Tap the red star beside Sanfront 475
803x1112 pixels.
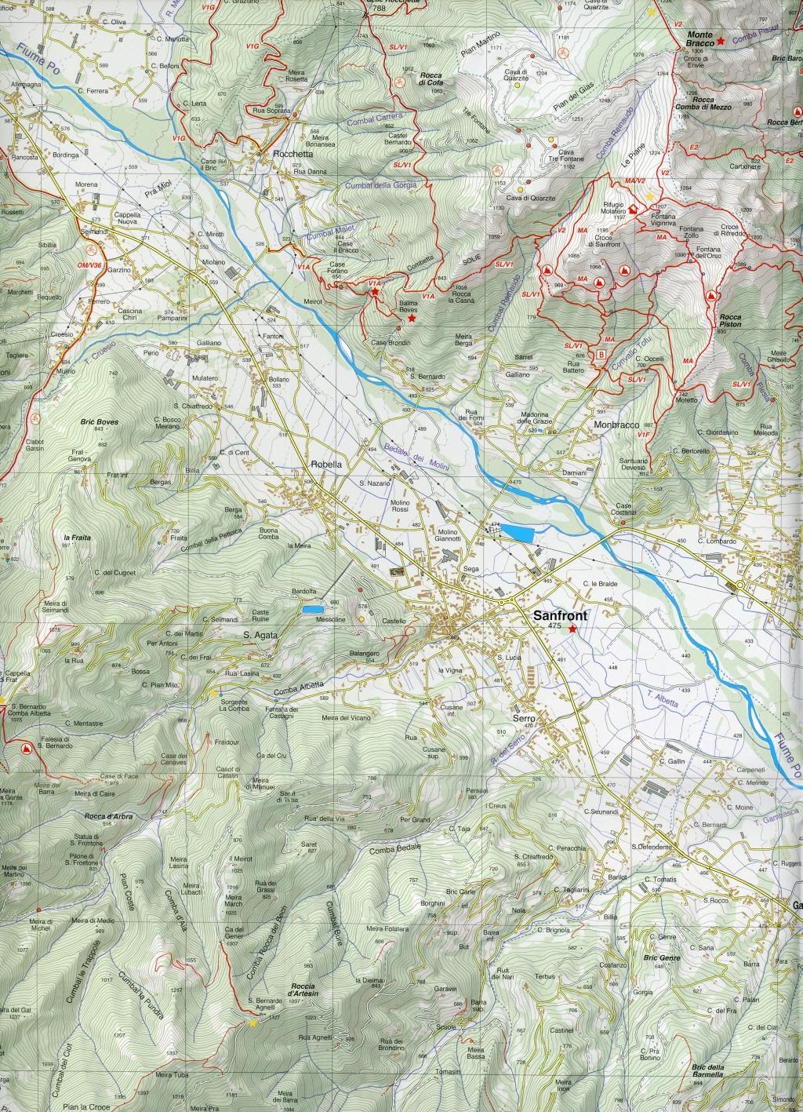(573, 629)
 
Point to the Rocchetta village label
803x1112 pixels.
(283, 155)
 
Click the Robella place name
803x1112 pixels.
(326, 464)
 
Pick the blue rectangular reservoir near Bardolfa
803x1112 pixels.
(311, 608)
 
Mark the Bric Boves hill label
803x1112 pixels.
(99, 422)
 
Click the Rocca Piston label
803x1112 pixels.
(729, 321)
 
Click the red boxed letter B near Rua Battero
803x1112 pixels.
(601, 354)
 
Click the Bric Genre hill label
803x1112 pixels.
(660, 958)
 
